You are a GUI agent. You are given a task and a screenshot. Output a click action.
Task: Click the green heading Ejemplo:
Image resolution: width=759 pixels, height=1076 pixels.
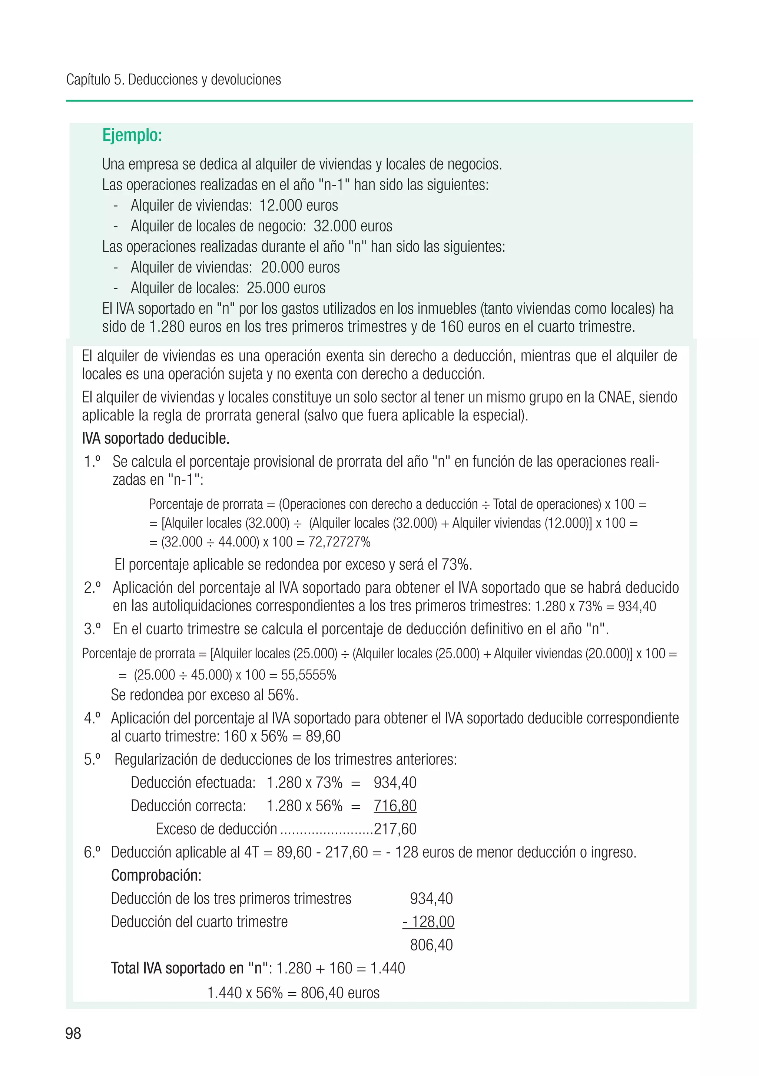132,136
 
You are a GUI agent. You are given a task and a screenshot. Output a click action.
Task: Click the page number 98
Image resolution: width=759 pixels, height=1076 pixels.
73,1033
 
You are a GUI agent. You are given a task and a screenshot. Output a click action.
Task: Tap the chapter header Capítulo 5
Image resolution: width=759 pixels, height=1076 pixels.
95,80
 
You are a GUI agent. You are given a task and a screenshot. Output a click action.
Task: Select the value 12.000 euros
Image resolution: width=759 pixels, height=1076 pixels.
299,205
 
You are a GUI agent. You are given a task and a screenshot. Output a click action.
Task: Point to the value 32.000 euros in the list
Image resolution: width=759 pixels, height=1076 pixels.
353,226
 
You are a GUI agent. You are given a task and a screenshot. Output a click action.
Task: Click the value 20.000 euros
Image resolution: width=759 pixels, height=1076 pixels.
300,267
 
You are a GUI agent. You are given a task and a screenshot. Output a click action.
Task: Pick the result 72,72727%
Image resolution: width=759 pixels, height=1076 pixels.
339,542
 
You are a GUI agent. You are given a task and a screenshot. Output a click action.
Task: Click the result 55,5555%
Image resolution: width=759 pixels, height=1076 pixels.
309,675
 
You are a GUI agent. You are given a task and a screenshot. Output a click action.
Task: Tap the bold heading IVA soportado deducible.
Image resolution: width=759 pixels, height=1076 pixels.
155,439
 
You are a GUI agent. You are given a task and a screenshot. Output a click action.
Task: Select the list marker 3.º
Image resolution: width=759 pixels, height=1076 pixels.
92,629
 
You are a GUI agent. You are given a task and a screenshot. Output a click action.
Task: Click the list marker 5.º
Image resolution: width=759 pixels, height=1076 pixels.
92,759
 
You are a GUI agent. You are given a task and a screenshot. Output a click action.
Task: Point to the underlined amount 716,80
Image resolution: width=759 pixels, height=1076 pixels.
395,806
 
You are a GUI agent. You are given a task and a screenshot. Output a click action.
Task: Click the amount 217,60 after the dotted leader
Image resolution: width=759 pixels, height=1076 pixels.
395,829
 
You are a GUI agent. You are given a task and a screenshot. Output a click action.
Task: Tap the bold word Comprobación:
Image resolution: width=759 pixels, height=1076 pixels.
156,875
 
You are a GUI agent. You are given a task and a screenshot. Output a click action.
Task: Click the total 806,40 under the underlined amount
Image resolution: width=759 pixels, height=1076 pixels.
431,945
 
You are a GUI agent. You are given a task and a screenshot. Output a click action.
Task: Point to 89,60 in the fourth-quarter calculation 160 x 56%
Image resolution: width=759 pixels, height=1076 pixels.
323,736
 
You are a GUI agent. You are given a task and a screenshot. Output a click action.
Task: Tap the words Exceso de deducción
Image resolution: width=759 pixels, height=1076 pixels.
216,829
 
